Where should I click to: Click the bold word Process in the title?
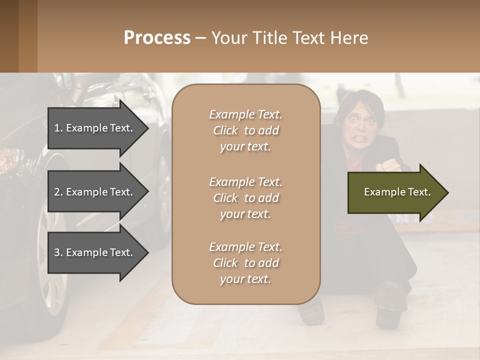point(157,38)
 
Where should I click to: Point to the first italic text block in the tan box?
point(245,130)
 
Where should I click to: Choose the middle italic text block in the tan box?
point(245,198)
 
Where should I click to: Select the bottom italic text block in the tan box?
point(245,263)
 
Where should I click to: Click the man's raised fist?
point(389,165)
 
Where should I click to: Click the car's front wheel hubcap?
point(52,255)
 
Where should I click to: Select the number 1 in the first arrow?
point(57,128)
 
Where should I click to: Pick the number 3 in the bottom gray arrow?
point(57,252)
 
